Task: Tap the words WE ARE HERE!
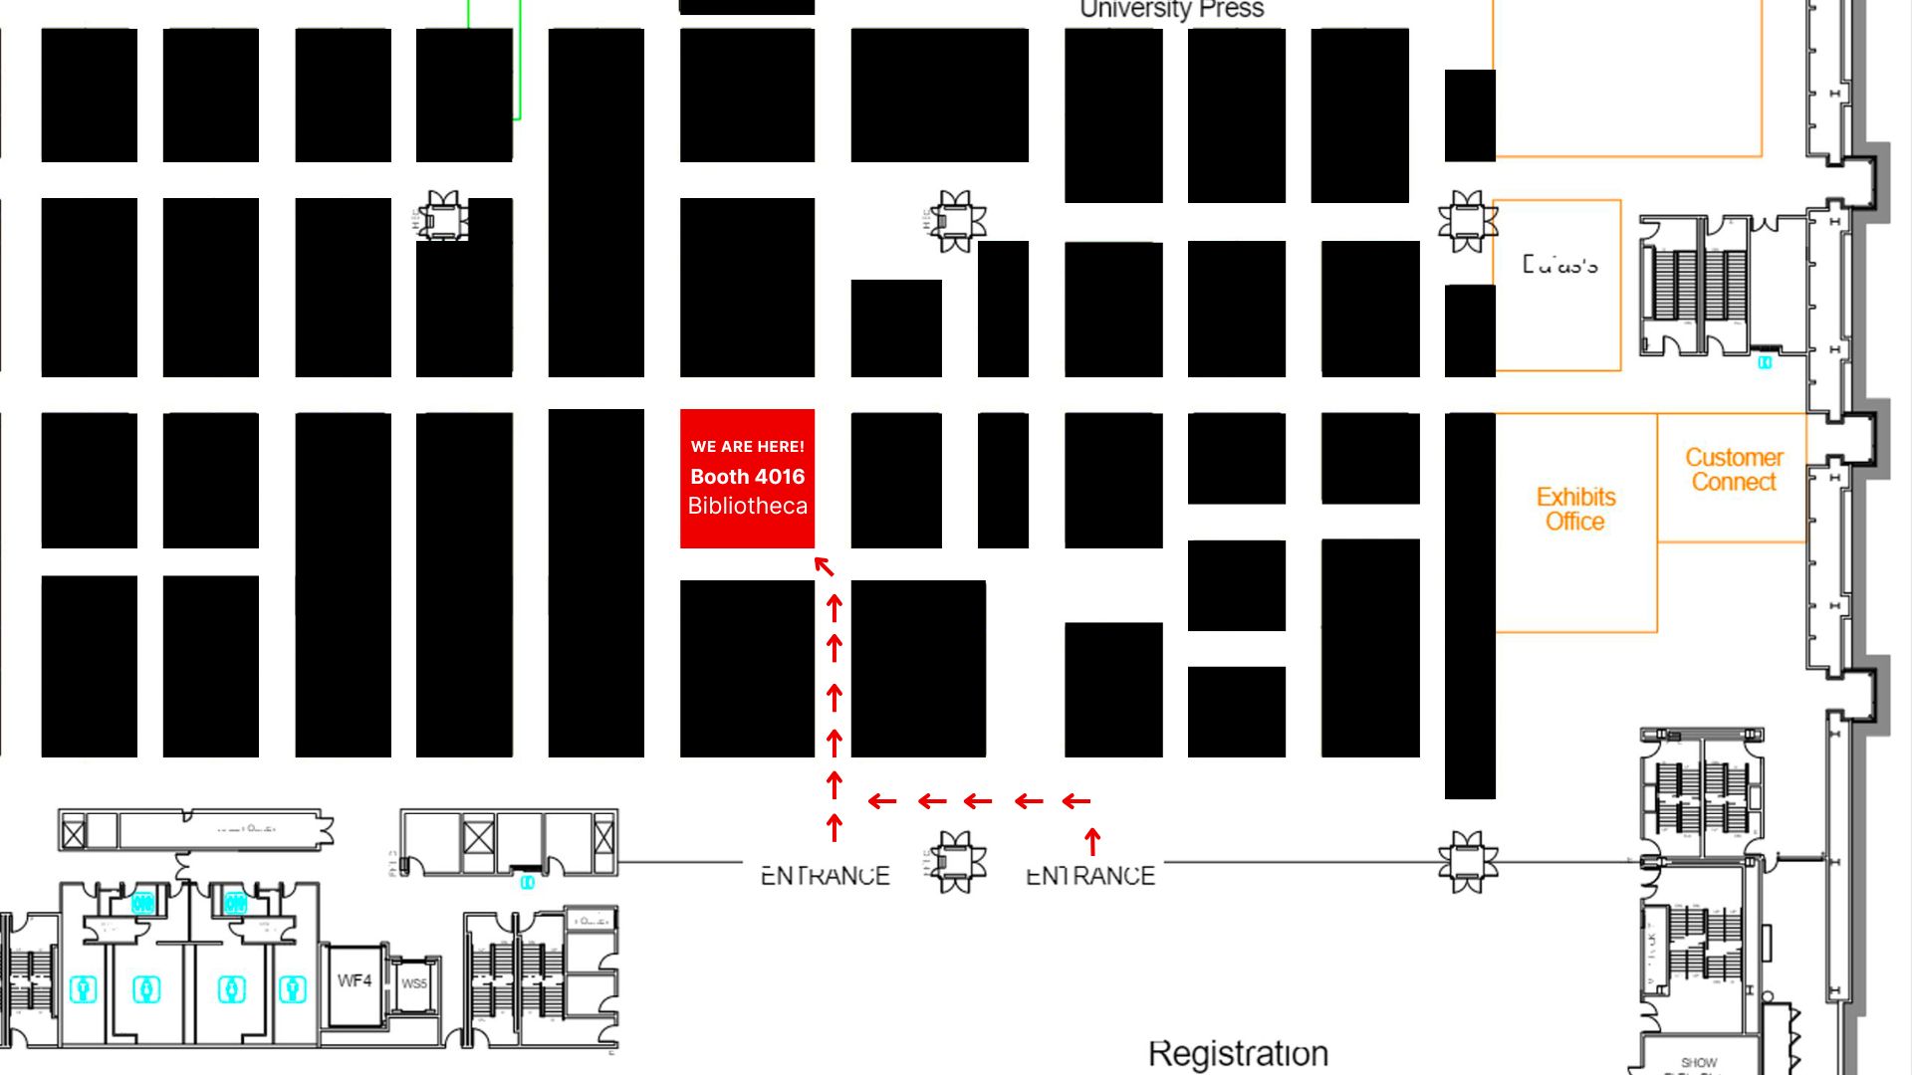tap(747, 447)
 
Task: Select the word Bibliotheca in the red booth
tap(747, 506)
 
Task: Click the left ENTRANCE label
tap(825, 876)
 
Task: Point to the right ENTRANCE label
tap(1090, 876)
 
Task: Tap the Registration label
tap(1238, 1053)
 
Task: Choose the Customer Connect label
tap(1734, 470)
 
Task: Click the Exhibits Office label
tap(1575, 509)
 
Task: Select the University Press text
tap(1172, 10)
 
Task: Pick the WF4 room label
tap(355, 981)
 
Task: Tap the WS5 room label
tap(414, 983)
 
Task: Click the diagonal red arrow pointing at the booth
tap(824, 566)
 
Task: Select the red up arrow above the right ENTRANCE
tap(1092, 841)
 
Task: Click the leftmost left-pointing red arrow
tap(881, 800)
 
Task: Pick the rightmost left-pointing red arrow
tap(1076, 800)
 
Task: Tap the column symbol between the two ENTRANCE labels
tap(956, 862)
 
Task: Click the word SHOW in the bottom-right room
tap(1699, 1063)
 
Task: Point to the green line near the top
tap(519, 60)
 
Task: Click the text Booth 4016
tap(747, 477)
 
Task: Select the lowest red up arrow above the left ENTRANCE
tap(835, 827)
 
